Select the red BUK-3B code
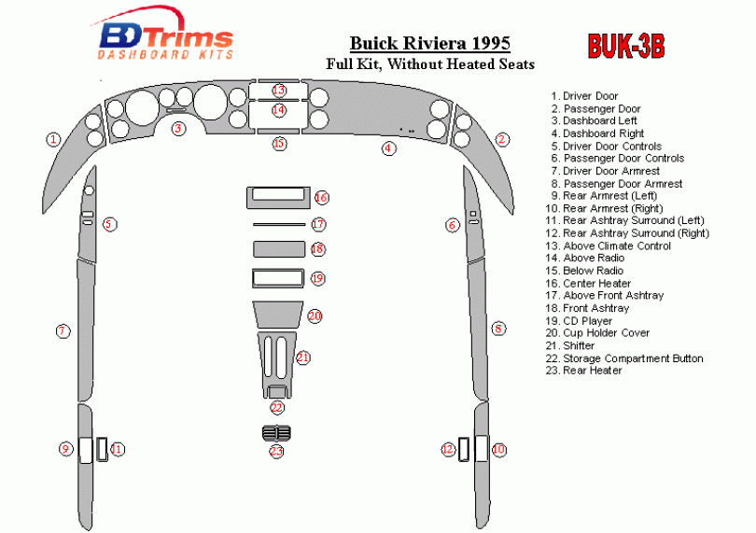coord(625,47)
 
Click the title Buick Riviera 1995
coord(430,44)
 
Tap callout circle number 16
coord(321,198)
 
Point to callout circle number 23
coord(276,452)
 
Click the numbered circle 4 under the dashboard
coord(387,147)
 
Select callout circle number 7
coord(63,330)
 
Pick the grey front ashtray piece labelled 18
coord(277,249)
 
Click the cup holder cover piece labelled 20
coord(275,316)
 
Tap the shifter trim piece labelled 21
coord(276,358)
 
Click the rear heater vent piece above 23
coord(276,433)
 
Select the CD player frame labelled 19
coord(277,278)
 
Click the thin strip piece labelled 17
coord(277,225)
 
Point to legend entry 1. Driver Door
coord(585,96)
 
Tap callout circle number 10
coord(499,450)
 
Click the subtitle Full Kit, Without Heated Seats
coord(430,64)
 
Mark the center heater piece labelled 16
coord(277,198)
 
